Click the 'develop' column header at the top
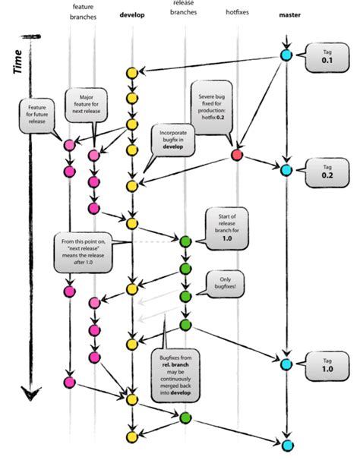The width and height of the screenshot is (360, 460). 132,14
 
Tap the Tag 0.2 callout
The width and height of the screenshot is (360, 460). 325,170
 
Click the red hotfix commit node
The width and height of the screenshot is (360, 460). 236,155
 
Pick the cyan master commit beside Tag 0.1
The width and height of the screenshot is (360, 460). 286,55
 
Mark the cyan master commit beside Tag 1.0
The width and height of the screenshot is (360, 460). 286,364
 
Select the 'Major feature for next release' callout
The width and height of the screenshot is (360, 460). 87,103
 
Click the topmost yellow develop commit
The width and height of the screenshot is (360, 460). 132,73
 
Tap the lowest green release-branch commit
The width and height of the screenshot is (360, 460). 185,417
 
